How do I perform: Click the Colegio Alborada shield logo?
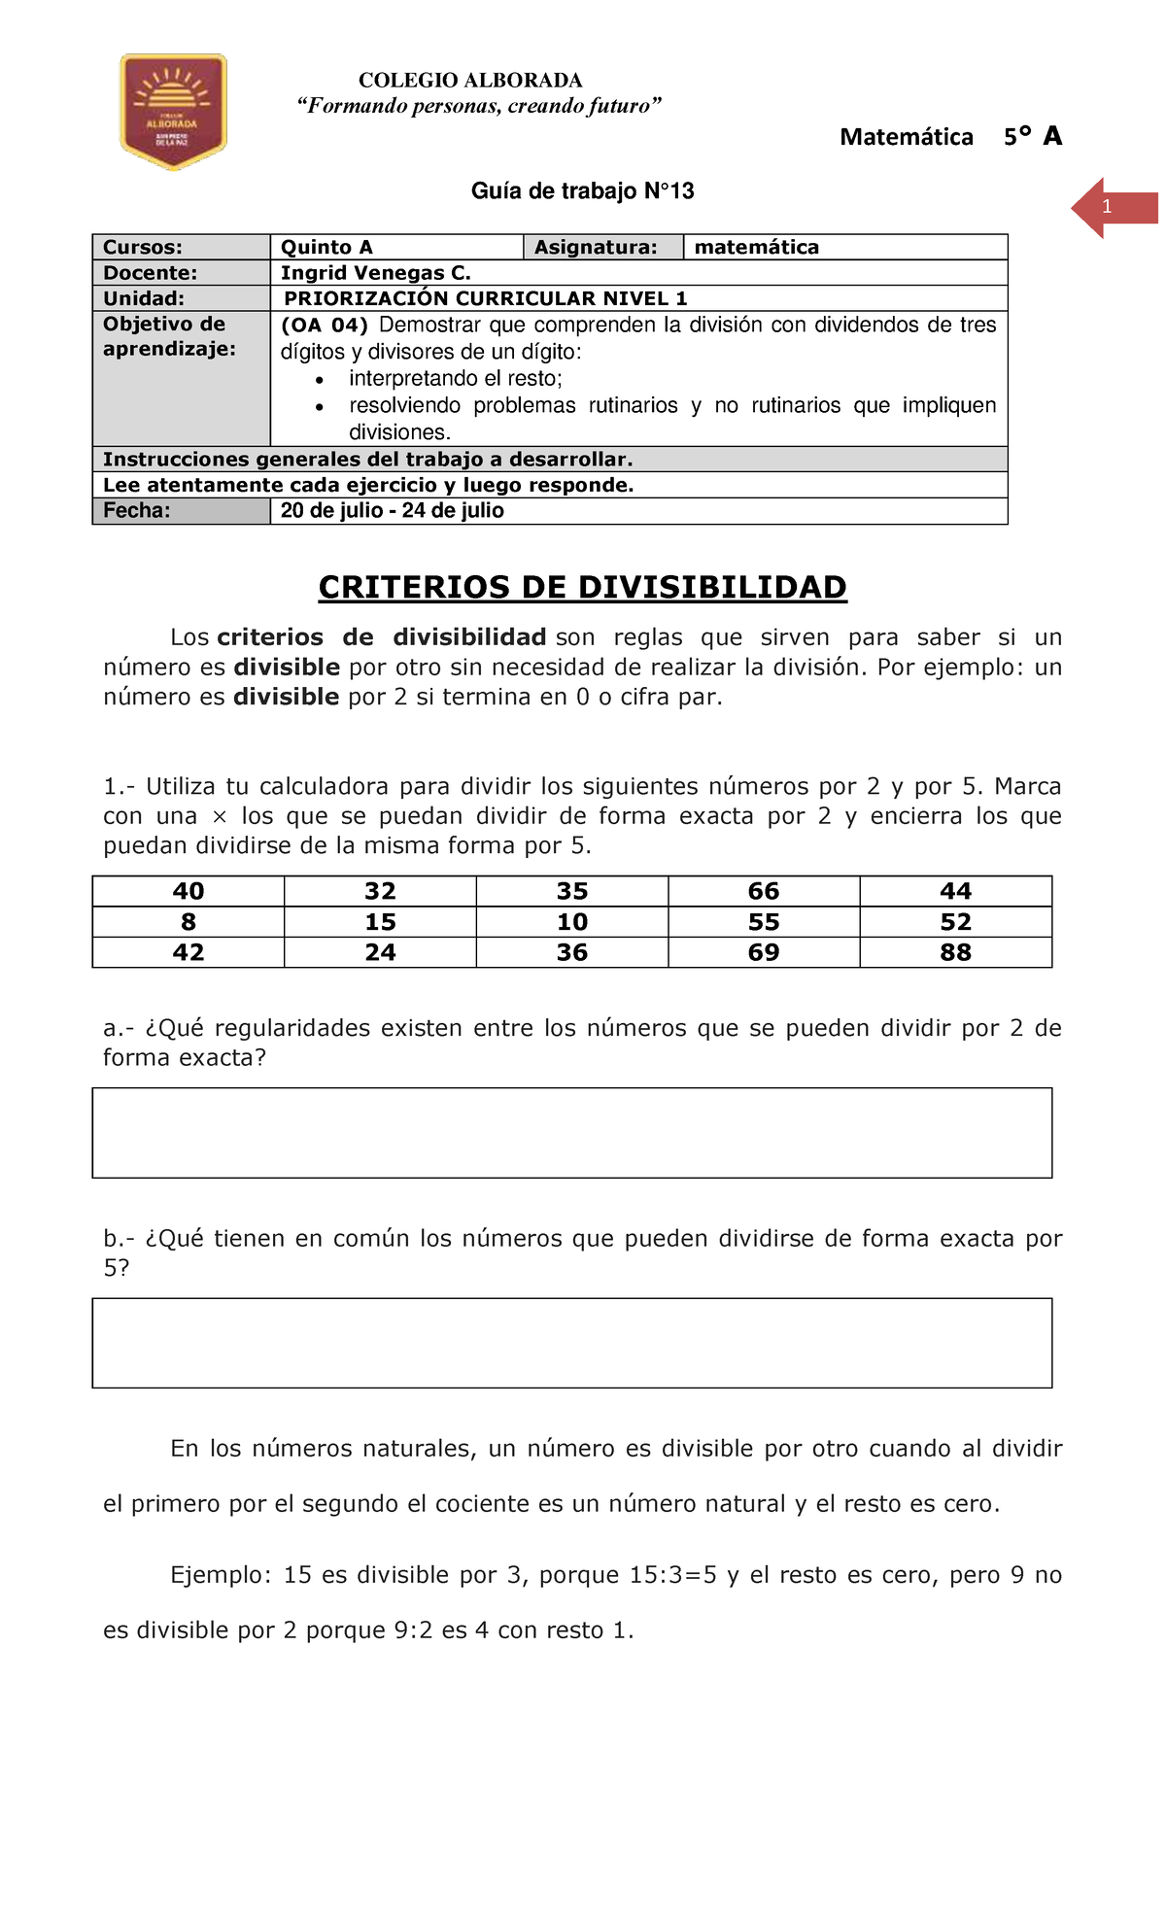pyautogui.click(x=173, y=111)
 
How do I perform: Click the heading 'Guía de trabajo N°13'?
pyautogui.click(x=582, y=191)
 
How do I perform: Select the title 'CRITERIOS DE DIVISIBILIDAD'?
pyautogui.click(x=582, y=587)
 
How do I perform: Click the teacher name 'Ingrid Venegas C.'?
pyautogui.click(x=375, y=273)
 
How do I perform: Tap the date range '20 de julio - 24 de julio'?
pyautogui.click(x=392, y=511)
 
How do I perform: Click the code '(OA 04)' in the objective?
pyautogui.click(x=324, y=326)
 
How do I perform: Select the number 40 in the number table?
pyautogui.click(x=189, y=891)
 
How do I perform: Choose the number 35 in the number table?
pyautogui.click(x=572, y=891)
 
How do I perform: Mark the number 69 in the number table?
pyautogui.click(x=764, y=952)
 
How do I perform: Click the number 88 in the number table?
pyautogui.click(x=955, y=952)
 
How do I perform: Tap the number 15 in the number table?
pyautogui.click(x=380, y=922)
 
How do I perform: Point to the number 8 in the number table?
pyautogui.click(x=189, y=922)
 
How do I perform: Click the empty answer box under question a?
pyautogui.click(x=571, y=1133)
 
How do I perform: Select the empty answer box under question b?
pyautogui.click(x=571, y=1343)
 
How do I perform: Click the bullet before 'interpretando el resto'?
pyautogui.click(x=320, y=380)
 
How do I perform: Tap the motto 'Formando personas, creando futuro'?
pyautogui.click(x=479, y=106)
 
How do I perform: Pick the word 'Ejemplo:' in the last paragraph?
pyautogui.click(x=221, y=1575)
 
